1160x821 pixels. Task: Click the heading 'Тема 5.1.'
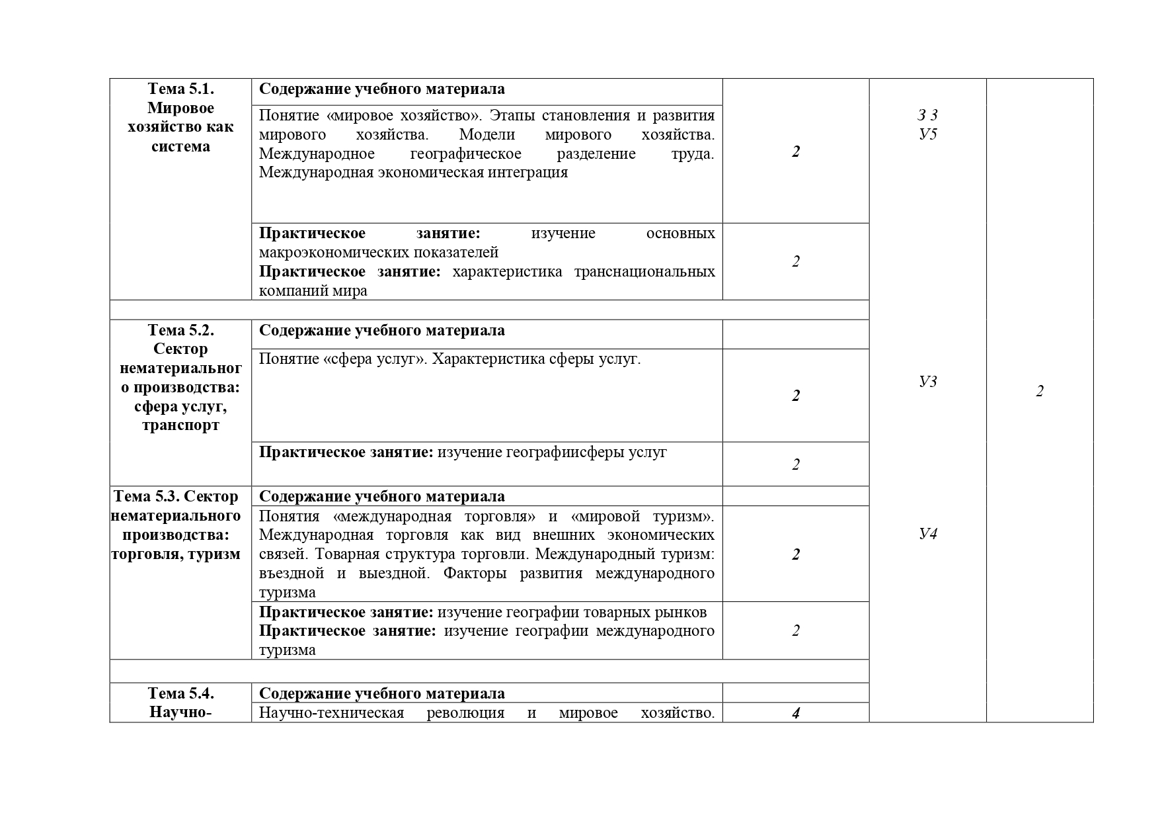click(180, 89)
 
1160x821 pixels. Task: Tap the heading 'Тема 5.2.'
click(180, 330)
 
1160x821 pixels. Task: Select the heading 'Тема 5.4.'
click(180, 693)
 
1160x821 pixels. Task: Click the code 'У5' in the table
click(928, 134)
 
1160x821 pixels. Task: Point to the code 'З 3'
click(928, 116)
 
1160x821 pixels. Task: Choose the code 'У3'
click(928, 381)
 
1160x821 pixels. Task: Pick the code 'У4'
click(928, 534)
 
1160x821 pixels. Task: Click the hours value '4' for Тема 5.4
click(796, 713)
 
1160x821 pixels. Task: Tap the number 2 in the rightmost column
click(1040, 392)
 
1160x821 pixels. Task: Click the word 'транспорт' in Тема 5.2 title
click(180, 425)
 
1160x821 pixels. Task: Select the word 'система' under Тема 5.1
click(180, 146)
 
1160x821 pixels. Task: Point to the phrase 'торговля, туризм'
click(176, 554)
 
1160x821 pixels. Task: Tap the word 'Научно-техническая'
click(331, 713)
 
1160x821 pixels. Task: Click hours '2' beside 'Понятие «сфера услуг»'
click(796, 396)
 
